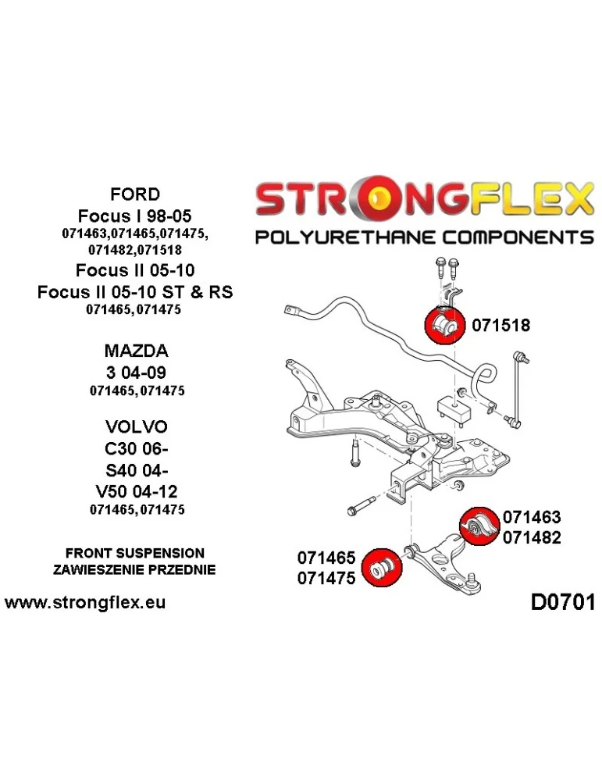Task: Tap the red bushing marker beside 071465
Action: [383, 567]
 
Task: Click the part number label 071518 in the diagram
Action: [500, 326]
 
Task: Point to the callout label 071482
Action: [532, 537]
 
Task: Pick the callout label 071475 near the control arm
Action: [326, 578]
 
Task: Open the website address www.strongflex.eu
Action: [86, 603]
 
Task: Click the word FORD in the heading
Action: [134, 194]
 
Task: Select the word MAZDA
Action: [136, 351]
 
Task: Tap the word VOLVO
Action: [136, 427]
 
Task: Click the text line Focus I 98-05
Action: [134, 214]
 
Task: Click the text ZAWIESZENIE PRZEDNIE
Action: [134, 569]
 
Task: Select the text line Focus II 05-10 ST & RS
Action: [134, 291]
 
